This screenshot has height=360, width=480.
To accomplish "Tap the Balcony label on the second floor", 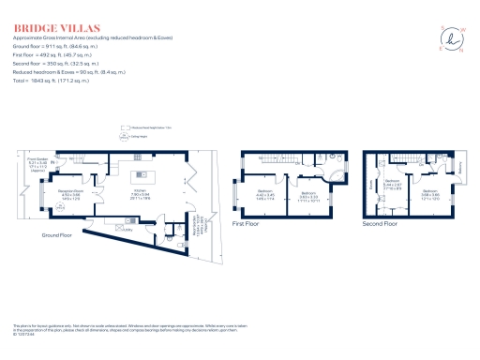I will [460, 169].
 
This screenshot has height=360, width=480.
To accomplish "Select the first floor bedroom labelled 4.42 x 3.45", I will [265, 196].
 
